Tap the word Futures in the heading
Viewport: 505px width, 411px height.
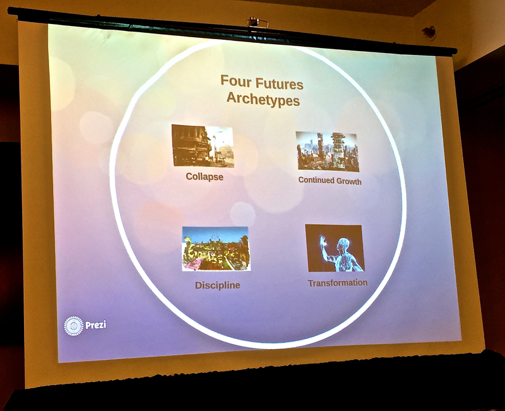pyautogui.click(x=279, y=84)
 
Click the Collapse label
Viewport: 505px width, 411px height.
pyautogui.click(x=205, y=177)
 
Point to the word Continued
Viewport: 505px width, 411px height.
pyautogui.click(x=316, y=180)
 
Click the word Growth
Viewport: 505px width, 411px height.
pyautogui.click(x=349, y=181)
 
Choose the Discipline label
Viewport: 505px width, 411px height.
pyautogui.click(x=218, y=285)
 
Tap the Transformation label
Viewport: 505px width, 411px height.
pyautogui.click(x=338, y=283)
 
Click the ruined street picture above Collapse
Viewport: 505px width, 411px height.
pyautogui.click(x=203, y=146)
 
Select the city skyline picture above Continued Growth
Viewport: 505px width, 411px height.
pyautogui.click(x=328, y=152)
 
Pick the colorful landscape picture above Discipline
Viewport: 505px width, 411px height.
pyautogui.click(x=216, y=249)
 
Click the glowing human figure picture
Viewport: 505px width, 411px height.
pyautogui.click(x=335, y=248)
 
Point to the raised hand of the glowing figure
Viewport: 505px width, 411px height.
pyautogui.click(x=323, y=241)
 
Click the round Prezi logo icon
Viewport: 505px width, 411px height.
pyautogui.click(x=74, y=326)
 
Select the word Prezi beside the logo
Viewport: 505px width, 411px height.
pyautogui.click(x=96, y=325)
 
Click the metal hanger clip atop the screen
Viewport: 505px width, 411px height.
pyautogui.click(x=257, y=22)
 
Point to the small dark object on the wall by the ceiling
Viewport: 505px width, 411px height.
pyautogui.click(x=429, y=32)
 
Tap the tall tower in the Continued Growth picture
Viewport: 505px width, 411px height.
pyautogui.click(x=338, y=149)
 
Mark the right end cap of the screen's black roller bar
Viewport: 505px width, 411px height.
pyautogui.click(x=454, y=51)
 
